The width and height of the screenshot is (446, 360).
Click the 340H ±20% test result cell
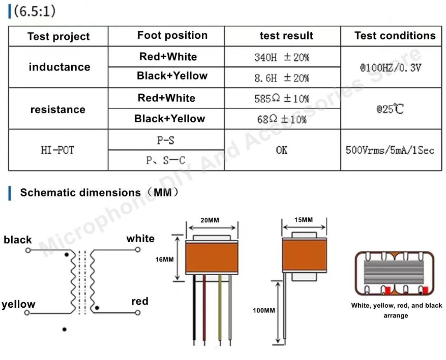[x=282, y=57]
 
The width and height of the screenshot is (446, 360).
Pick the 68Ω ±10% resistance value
[x=282, y=119]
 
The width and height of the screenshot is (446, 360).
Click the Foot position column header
[x=172, y=35]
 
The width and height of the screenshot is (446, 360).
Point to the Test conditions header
[x=395, y=35]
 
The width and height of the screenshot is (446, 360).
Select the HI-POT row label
[x=58, y=150]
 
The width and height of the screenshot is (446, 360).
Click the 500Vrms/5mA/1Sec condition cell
[x=390, y=150]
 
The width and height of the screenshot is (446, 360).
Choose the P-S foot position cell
[x=166, y=140]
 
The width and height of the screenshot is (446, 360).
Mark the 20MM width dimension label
[x=210, y=220]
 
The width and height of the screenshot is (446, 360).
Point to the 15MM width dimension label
[x=304, y=220]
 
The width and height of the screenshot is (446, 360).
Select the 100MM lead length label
[x=264, y=310]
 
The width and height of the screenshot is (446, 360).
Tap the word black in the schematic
[x=18, y=240]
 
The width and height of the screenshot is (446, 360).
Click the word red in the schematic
[x=140, y=301]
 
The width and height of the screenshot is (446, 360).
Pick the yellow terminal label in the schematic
[x=19, y=304]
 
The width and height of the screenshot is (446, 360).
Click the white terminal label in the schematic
[x=140, y=238]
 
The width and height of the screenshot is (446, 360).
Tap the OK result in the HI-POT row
[x=282, y=150]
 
